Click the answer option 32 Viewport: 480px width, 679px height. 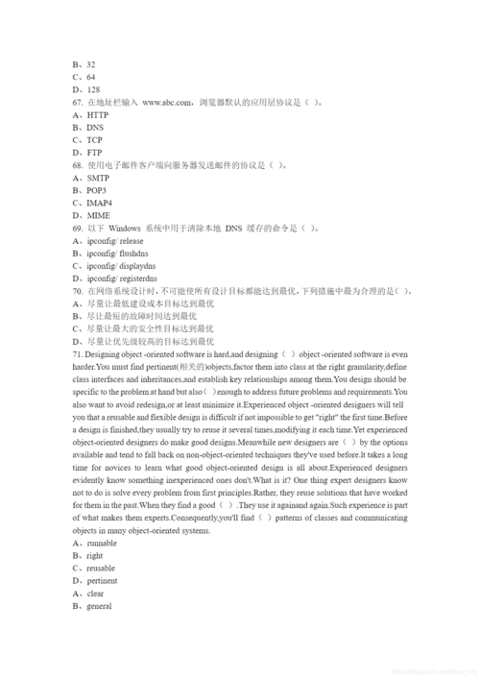(90, 64)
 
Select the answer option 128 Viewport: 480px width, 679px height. (93, 89)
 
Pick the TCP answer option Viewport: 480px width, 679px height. (94, 139)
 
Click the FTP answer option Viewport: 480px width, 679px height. (94, 152)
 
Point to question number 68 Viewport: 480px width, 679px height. (77, 165)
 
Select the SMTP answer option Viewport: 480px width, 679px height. (97, 178)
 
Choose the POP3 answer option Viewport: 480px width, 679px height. (96, 190)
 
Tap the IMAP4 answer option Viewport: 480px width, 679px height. (99, 203)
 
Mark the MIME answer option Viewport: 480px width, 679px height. (98, 215)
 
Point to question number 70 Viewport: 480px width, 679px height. (77, 291)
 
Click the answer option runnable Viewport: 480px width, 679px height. (102, 544)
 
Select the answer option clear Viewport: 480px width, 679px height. (96, 594)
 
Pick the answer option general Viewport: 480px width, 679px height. (99, 606)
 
